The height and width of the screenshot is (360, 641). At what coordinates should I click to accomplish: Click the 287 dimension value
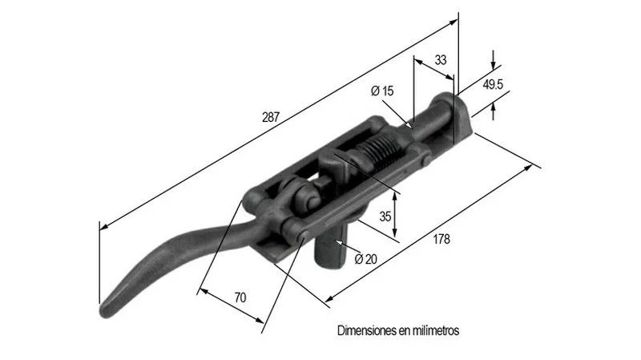[x=271, y=117]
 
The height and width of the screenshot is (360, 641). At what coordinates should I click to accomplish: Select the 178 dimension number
[x=441, y=239]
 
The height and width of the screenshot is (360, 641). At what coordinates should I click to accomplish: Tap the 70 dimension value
[x=240, y=297]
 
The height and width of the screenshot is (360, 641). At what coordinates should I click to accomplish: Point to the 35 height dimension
[x=385, y=216]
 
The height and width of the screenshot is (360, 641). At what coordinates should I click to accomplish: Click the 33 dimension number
[x=440, y=60]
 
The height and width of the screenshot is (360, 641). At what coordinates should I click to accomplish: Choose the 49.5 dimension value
[x=493, y=85]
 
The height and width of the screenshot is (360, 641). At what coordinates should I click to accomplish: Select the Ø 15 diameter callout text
[x=382, y=91]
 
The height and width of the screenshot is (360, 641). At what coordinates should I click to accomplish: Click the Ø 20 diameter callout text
[x=366, y=259]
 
